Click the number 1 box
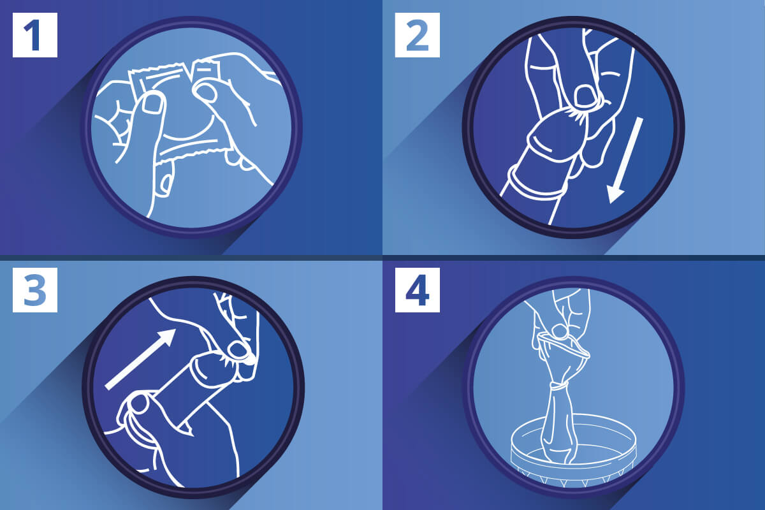(35, 35)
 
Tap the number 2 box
(418, 35)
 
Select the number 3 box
(35, 290)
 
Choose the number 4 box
(418, 290)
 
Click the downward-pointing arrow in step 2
(625, 161)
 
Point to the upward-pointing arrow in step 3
(141, 359)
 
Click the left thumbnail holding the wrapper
(152, 103)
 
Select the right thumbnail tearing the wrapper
(206, 92)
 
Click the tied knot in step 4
(558, 386)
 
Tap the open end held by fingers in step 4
(564, 344)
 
